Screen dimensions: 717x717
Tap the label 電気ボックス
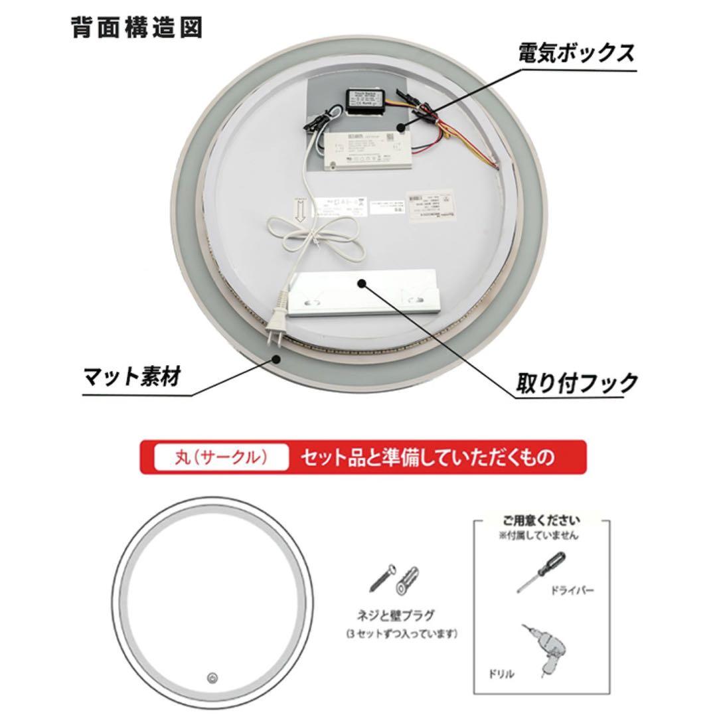[x=576, y=53]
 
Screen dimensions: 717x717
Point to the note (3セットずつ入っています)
[x=401, y=633]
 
